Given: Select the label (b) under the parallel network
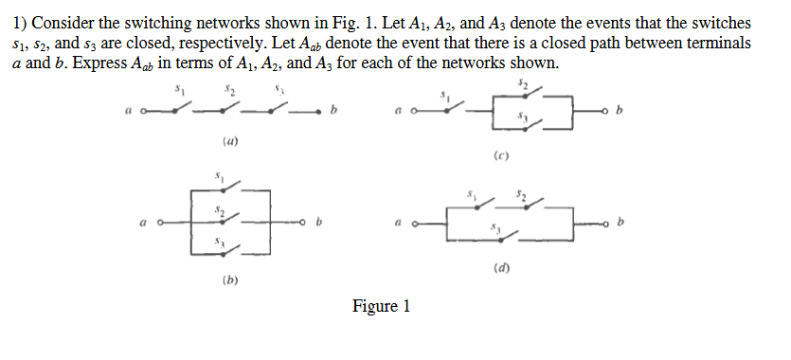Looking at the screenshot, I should pyautogui.click(x=230, y=281).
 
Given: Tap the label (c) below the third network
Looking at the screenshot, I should pyautogui.click(x=501, y=154).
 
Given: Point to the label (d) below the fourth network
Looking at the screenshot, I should pyautogui.click(x=501, y=268).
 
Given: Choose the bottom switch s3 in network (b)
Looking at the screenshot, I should pyautogui.click(x=220, y=248).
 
